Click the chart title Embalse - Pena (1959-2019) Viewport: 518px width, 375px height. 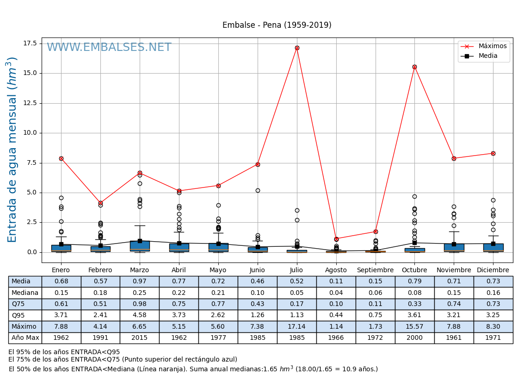277,25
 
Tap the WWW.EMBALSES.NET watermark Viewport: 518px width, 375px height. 109,48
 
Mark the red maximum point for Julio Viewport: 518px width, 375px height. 297,48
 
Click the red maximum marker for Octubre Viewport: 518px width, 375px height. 414,67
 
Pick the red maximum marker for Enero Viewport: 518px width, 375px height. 61,158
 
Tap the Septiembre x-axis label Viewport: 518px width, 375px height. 375,270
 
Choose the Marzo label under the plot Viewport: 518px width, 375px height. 139,270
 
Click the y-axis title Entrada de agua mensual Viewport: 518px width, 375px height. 12,150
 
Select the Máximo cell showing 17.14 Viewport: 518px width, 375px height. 296,326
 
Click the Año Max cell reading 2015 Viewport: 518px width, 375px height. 139,338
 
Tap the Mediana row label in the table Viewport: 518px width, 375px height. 25,293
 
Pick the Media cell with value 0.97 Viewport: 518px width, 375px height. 139,281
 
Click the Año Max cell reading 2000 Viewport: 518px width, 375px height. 414,338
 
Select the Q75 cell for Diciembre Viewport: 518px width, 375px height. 493,304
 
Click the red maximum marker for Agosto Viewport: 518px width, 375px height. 336,239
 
